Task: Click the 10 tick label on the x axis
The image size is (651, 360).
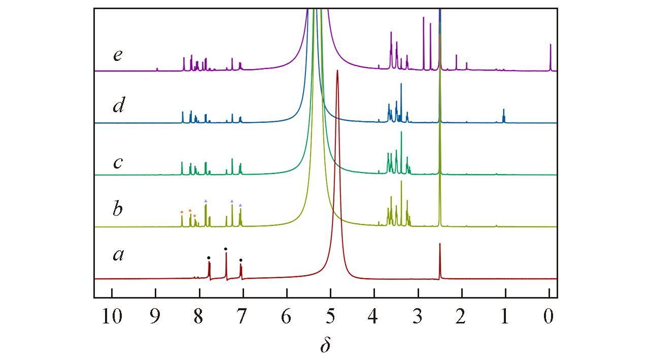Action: click(x=112, y=317)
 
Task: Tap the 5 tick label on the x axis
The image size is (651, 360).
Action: click(x=330, y=317)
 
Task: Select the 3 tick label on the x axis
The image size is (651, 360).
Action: click(x=418, y=317)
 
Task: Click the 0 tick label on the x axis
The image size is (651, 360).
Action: click(x=549, y=317)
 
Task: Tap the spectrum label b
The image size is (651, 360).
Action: click(x=118, y=208)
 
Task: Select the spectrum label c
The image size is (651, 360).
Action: click(x=118, y=162)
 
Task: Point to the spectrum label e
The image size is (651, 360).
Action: click(x=118, y=55)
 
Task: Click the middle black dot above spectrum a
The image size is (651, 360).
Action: click(x=226, y=249)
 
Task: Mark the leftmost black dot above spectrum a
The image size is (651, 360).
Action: click(x=209, y=258)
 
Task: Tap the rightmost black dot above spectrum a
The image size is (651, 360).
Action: click(x=241, y=260)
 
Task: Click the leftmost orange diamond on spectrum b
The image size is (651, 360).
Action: click(x=182, y=212)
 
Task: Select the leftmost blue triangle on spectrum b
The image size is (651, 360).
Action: click(x=205, y=201)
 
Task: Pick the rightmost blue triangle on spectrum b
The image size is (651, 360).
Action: click(x=241, y=205)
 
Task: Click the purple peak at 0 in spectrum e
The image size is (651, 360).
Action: click(x=550, y=46)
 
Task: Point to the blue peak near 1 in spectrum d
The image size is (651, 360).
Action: click(x=504, y=111)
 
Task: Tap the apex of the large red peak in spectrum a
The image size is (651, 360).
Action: click(x=337, y=72)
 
